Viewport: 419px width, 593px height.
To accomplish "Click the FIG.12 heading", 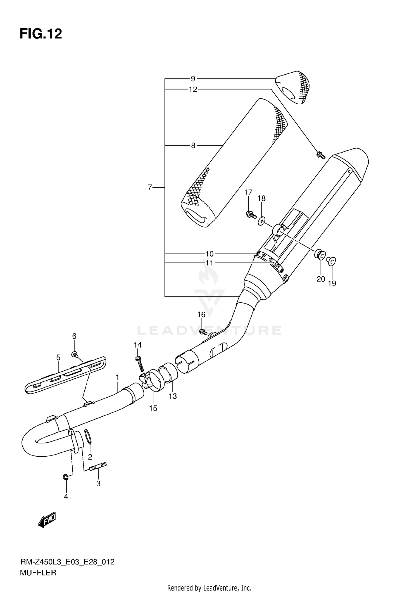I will click(x=41, y=34).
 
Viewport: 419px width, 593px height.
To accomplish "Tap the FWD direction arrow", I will click(x=47, y=520).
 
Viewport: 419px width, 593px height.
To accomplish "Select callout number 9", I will click(x=193, y=79).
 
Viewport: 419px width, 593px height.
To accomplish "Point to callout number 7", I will click(x=150, y=188).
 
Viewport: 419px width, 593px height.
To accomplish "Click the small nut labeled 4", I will click(x=65, y=477).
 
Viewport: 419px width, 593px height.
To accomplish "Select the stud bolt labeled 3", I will click(x=98, y=466).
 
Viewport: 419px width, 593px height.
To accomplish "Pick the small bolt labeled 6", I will click(x=75, y=355).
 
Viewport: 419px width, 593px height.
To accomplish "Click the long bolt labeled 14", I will click(x=139, y=363).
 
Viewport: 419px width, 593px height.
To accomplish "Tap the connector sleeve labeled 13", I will click(x=169, y=371).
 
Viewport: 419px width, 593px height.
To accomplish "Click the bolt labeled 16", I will click(x=203, y=332).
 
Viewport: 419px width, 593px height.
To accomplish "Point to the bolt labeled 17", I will click(x=251, y=214).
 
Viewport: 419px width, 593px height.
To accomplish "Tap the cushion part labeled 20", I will click(x=320, y=255).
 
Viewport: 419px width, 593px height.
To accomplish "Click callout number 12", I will click(x=193, y=89).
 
